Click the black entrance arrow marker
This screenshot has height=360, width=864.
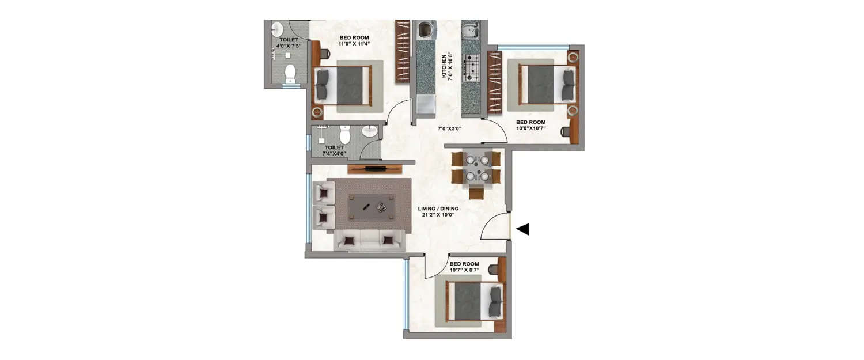click(522, 229)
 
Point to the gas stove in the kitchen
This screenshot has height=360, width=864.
click(472, 67)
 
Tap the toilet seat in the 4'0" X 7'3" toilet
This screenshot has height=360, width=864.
click(290, 73)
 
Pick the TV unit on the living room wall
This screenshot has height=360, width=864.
click(374, 169)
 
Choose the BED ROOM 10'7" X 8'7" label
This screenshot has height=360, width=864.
click(464, 267)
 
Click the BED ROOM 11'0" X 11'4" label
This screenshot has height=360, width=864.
click(354, 40)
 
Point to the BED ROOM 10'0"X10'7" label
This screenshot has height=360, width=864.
click(530, 126)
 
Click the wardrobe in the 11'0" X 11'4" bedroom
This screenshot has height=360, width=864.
click(402, 52)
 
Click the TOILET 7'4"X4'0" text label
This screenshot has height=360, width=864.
click(334, 150)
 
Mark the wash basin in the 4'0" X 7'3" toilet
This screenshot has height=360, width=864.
click(277, 29)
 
